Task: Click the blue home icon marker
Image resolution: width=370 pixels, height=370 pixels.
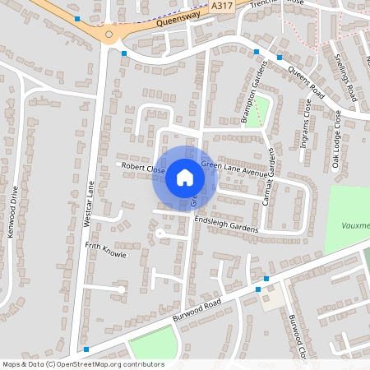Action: point(184,177)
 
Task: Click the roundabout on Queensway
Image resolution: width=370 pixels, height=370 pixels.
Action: point(109,35)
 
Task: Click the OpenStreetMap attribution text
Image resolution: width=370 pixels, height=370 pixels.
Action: point(82,364)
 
